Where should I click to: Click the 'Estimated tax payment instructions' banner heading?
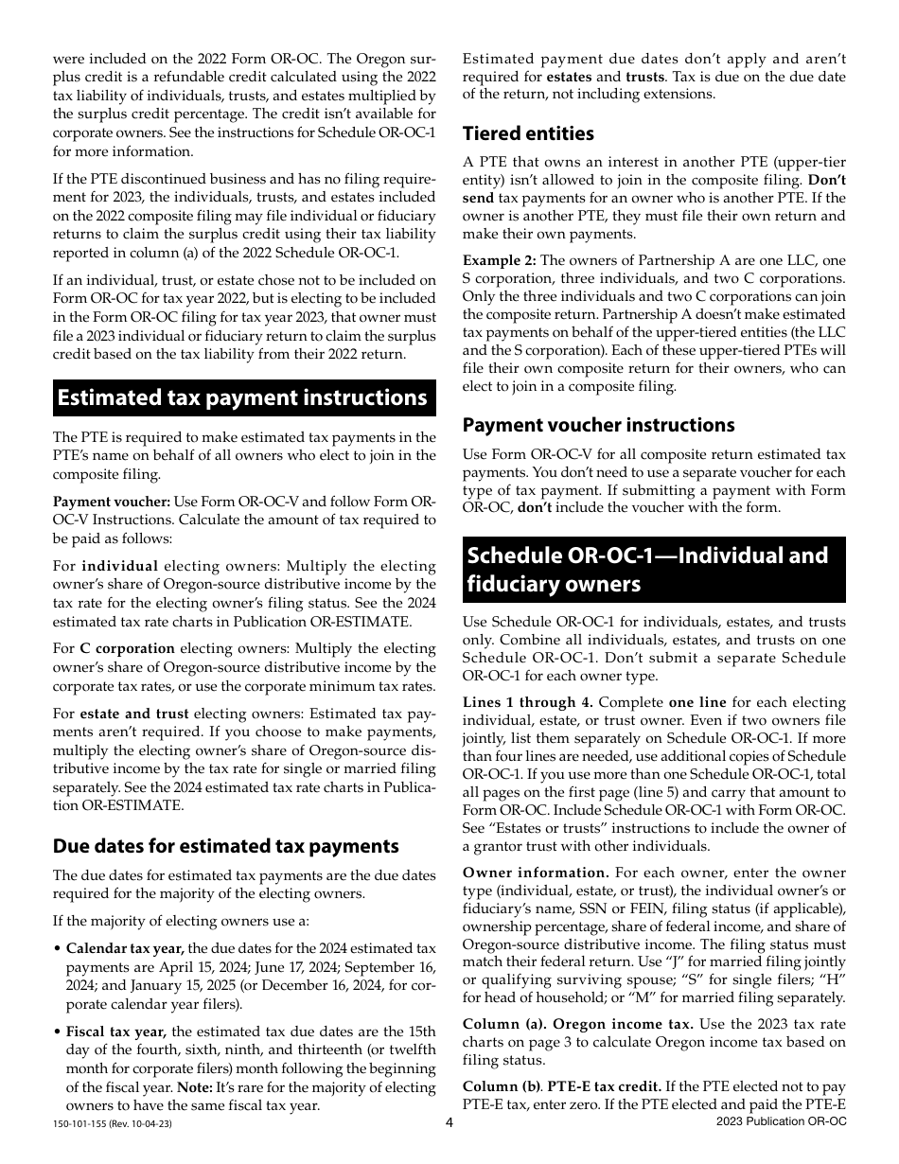tap(242, 397)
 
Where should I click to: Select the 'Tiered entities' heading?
tap(528, 133)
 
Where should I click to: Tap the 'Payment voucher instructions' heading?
tap(598, 425)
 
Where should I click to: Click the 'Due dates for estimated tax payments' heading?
tap(225, 846)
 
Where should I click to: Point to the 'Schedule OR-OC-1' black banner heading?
tap(653, 569)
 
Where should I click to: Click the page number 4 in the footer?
tap(449, 1122)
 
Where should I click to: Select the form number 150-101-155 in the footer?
tap(87, 1123)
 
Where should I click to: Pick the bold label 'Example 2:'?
tap(499, 260)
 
